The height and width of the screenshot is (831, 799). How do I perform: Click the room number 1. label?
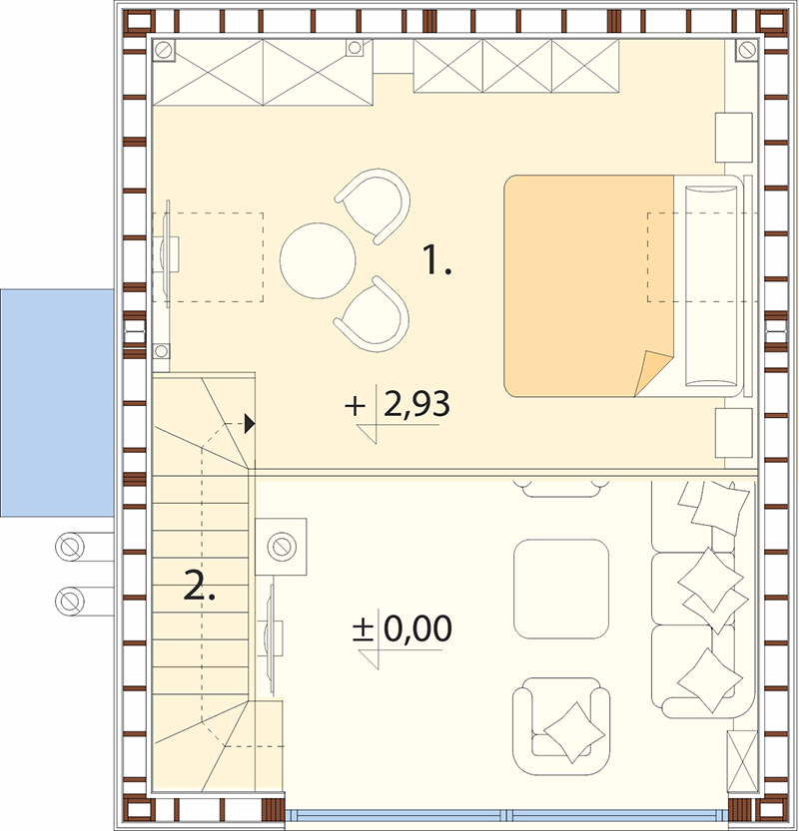click(436, 259)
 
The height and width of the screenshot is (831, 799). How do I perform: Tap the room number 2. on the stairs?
click(200, 585)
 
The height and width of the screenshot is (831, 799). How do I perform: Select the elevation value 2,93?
click(416, 404)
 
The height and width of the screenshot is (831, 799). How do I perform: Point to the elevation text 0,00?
click(417, 628)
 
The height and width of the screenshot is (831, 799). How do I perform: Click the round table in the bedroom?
click(318, 260)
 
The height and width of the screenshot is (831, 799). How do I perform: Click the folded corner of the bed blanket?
click(652, 374)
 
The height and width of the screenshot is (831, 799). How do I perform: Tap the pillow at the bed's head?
click(711, 285)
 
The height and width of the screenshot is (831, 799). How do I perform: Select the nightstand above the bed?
click(734, 138)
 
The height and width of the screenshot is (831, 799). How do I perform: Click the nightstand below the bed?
click(734, 433)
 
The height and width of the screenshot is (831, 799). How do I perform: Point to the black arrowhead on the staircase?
click(250, 424)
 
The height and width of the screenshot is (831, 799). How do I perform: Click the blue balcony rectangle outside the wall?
click(57, 403)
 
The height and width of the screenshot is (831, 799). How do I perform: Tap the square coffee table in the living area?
click(560, 589)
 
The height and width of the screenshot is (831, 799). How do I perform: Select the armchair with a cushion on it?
click(561, 726)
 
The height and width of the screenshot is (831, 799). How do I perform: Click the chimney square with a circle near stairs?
click(281, 547)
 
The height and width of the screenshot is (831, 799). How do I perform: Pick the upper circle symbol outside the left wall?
click(70, 547)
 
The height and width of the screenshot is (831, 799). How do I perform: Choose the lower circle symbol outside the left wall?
click(70, 601)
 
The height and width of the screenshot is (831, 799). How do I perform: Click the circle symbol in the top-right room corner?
click(747, 50)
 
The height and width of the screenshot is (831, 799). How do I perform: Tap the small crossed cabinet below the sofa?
click(742, 761)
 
